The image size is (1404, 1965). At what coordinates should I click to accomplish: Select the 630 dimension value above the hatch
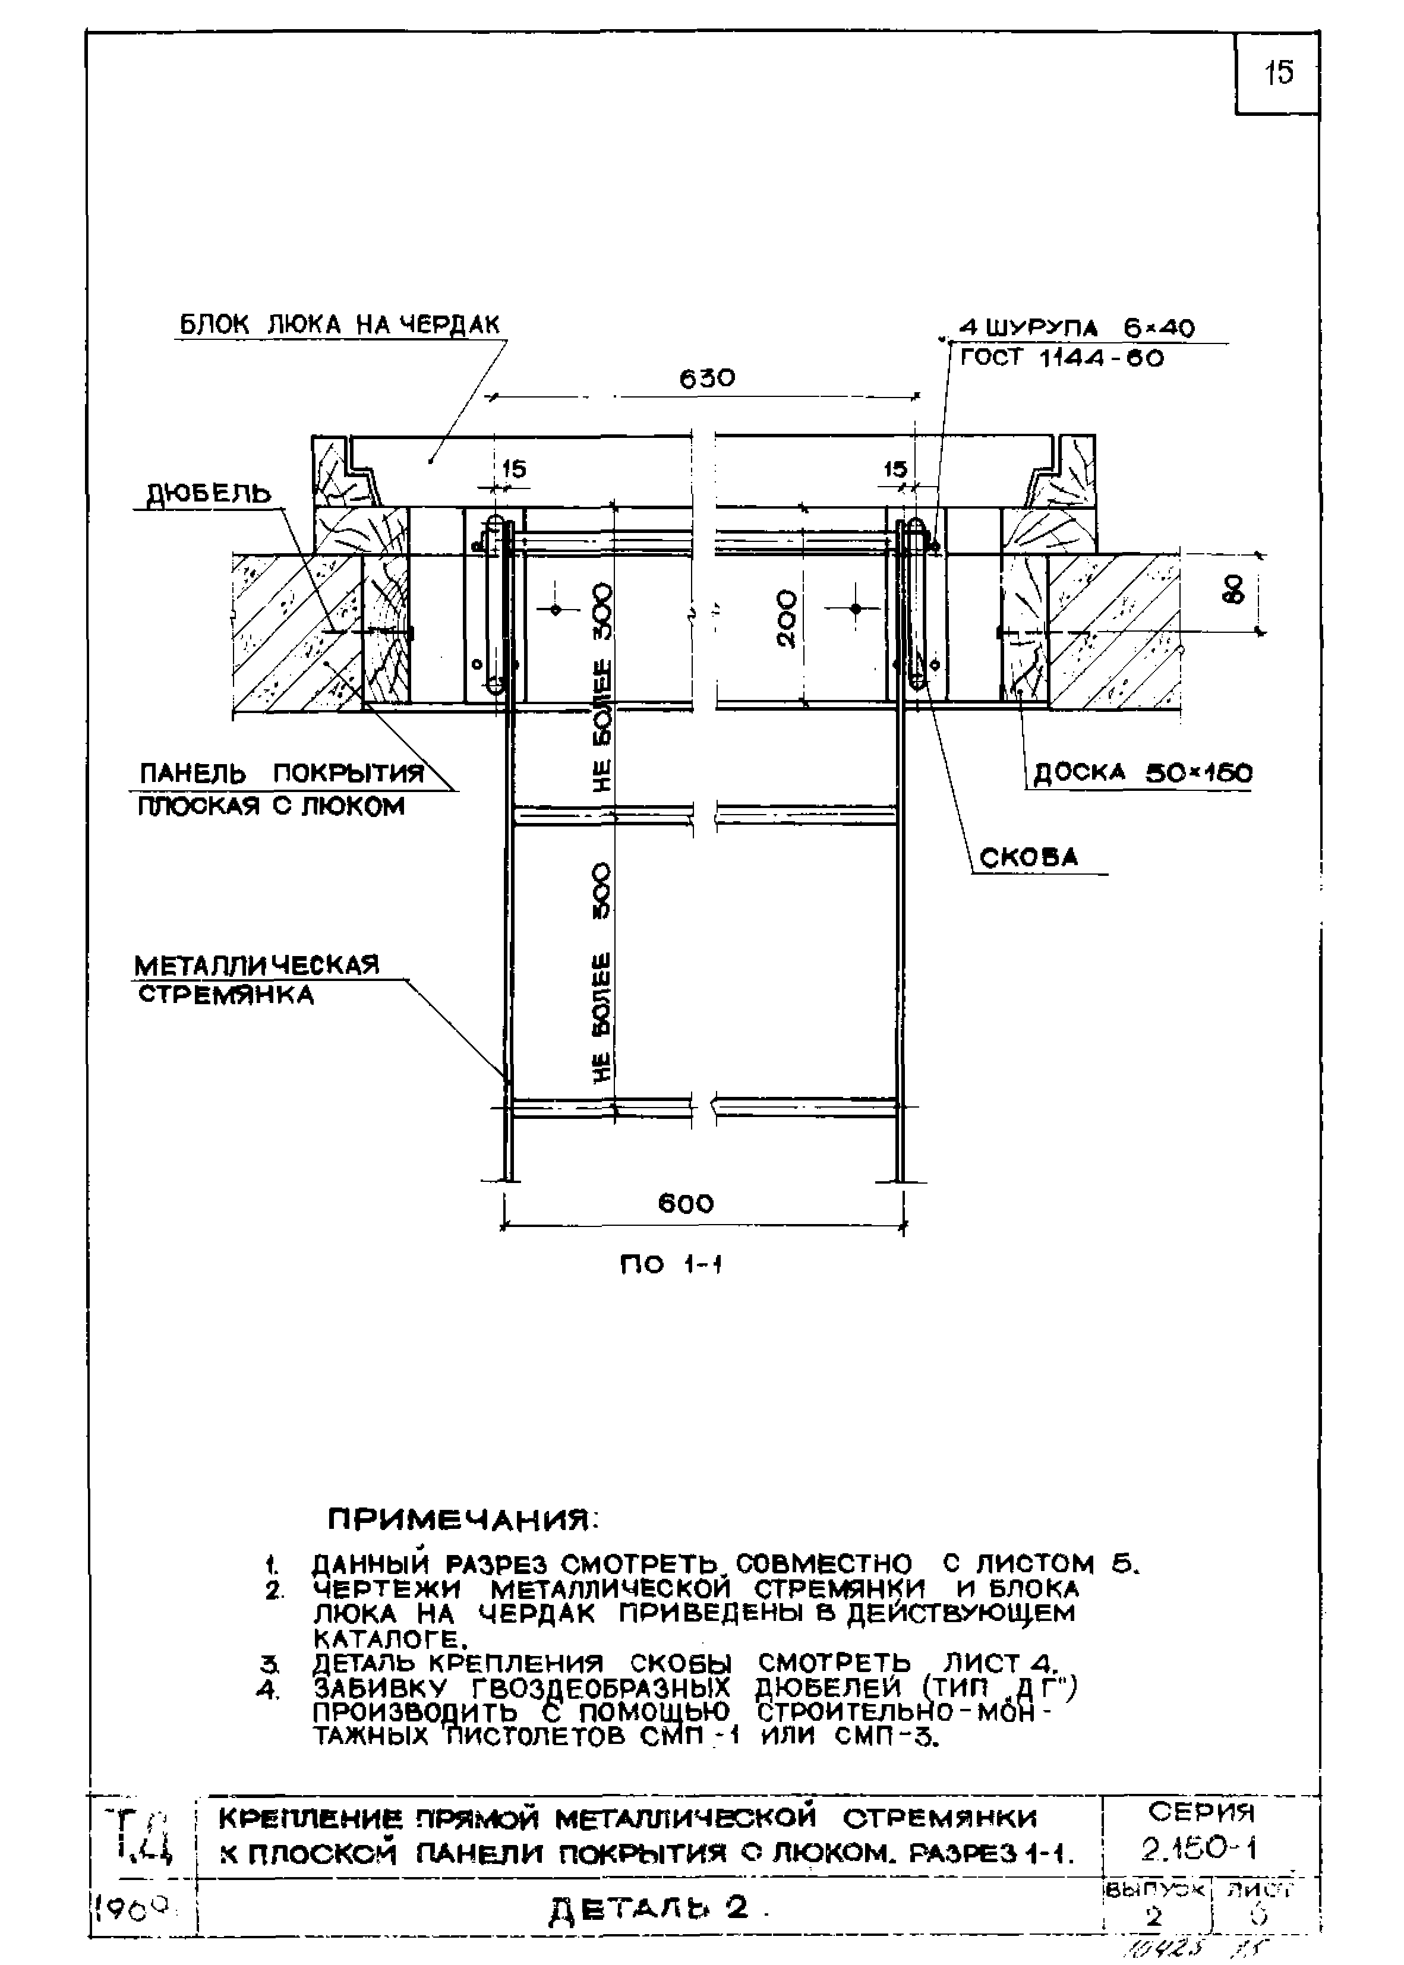tap(706, 379)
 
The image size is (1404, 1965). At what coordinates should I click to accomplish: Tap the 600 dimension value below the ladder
tap(686, 1203)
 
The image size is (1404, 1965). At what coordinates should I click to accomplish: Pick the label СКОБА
tap(1029, 857)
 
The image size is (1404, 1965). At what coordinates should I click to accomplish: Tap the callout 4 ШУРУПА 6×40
tap(1077, 329)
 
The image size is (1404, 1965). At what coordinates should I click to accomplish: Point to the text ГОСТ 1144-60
tap(1062, 358)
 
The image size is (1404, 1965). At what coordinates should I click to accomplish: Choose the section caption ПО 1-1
tap(671, 1265)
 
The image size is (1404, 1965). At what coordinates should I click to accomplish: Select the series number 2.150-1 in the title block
tap(1198, 1849)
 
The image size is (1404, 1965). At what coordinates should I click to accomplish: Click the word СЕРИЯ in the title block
tap(1201, 1811)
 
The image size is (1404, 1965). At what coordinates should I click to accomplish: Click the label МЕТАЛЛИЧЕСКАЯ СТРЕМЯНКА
tap(257, 979)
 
